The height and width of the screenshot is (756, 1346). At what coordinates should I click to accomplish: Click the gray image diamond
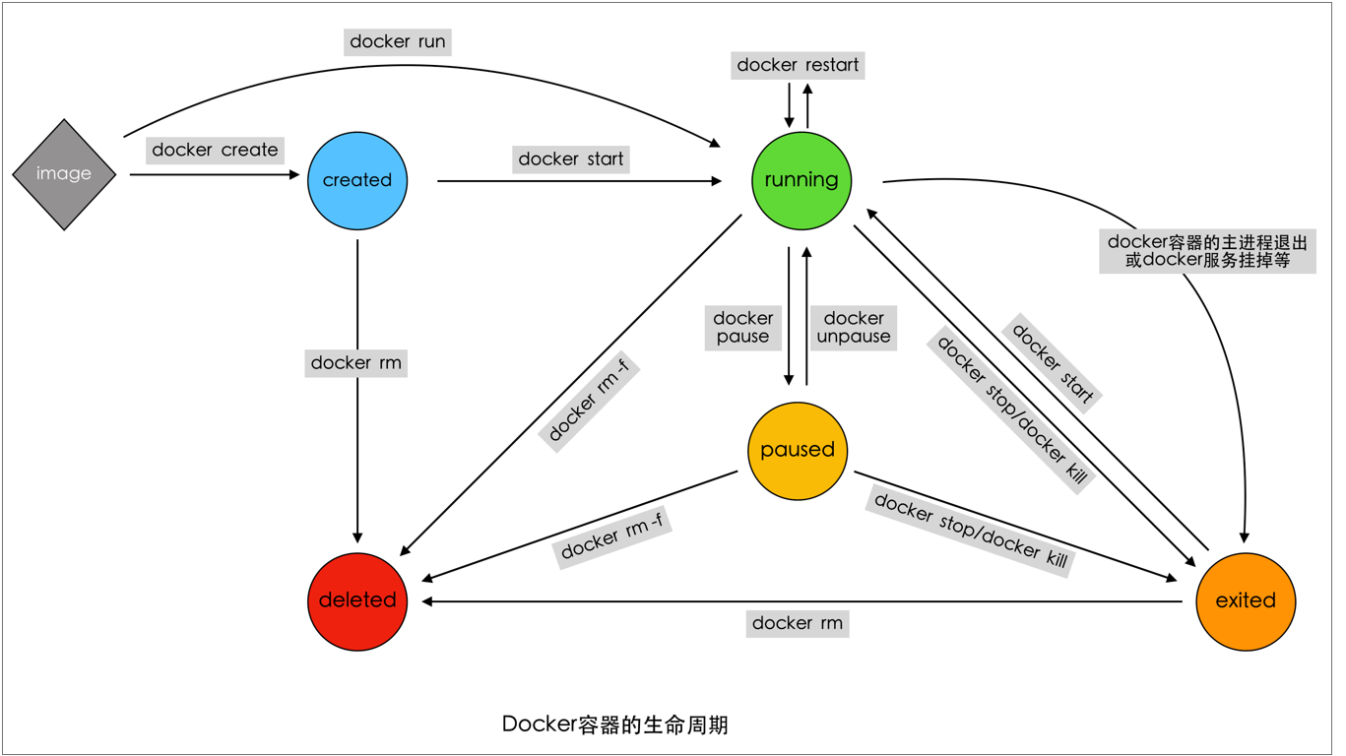click(64, 174)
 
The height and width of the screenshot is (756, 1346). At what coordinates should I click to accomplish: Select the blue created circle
click(356, 180)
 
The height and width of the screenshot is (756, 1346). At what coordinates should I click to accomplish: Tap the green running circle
click(801, 180)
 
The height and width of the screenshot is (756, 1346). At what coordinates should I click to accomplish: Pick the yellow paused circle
click(797, 450)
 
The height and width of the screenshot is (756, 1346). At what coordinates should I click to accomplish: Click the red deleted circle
click(356, 600)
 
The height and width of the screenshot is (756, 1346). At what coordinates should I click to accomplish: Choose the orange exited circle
click(1245, 600)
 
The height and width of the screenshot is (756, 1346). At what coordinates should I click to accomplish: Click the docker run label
click(398, 41)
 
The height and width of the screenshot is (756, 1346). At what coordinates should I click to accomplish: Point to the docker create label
click(215, 150)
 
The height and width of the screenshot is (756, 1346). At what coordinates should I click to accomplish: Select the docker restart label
click(798, 65)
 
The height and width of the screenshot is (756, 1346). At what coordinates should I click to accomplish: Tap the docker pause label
click(742, 327)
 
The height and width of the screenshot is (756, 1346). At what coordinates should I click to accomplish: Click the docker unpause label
click(853, 327)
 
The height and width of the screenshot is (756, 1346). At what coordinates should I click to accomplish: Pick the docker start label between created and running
click(571, 158)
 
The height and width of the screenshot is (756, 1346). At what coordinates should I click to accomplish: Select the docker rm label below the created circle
click(355, 362)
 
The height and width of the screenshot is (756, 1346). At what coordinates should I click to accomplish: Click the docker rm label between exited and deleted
click(797, 623)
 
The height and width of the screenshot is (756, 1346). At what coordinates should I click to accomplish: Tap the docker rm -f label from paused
click(611, 537)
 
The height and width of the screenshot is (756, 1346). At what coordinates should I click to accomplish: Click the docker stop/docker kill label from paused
click(970, 532)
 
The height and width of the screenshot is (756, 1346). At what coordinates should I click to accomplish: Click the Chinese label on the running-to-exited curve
click(1206, 251)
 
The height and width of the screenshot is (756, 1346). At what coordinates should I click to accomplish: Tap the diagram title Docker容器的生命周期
click(614, 724)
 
